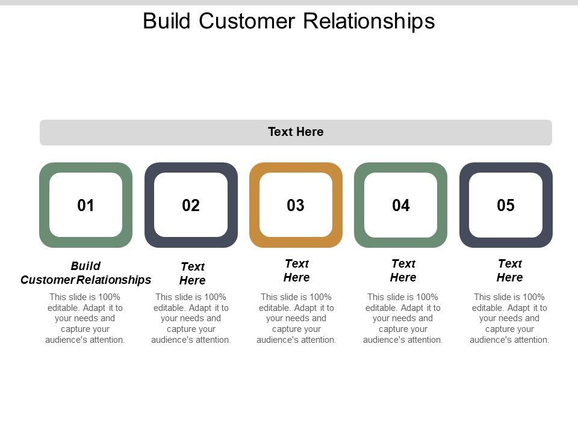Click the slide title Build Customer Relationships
(288, 21)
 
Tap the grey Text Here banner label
(296, 132)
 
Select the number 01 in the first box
(86, 206)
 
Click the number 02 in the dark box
(191, 206)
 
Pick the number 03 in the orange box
(296, 206)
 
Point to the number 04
(401, 206)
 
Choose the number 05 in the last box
(506, 206)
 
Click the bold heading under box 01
(85, 273)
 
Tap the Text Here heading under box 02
(193, 274)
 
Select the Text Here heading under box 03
(297, 271)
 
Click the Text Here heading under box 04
(403, 271)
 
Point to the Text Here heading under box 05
(510, 271)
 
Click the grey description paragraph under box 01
(85, 318)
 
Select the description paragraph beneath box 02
(191, 318)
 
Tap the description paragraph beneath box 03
(296, 318)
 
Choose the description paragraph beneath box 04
(403, 318)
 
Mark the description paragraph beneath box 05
(509, 318)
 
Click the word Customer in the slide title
(247, 21)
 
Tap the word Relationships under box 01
(114, 280)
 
